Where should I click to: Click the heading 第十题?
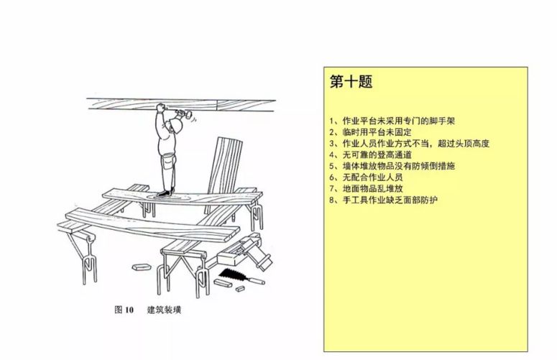pos(351,81)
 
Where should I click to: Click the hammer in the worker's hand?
pos(185,114)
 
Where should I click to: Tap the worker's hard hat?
pos(175,124)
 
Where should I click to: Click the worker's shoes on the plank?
pos(166,192)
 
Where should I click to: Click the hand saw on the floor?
pos(229,274)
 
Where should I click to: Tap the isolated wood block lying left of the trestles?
pos(141,267)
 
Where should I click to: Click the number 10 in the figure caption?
pos(129,310)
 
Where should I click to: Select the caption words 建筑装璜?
pos(164,310)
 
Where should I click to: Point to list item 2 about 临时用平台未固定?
pos(371,132)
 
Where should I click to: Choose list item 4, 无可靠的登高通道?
pos(371,154)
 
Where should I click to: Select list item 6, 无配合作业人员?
pos(367,177)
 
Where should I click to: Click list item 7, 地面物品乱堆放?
pos(367,188)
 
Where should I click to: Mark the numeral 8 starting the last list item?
pos(332,200)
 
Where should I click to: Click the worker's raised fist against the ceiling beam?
pos(160,107)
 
